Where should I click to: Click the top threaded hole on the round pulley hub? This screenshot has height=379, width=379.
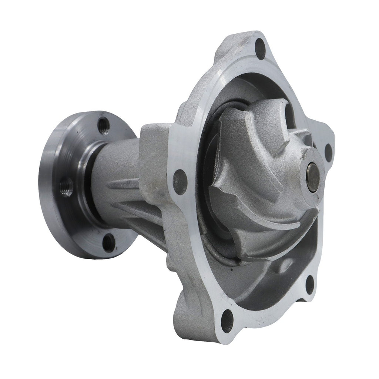pos(104,124)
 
